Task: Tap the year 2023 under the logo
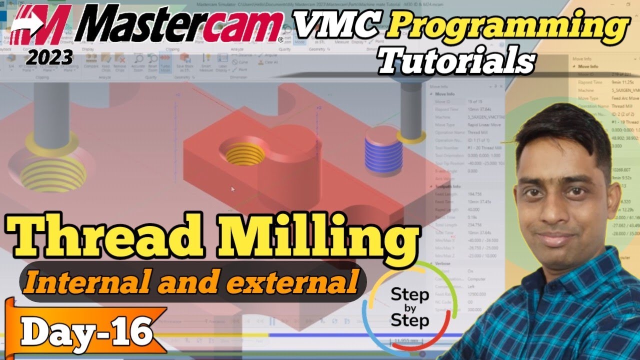[50, 58]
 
